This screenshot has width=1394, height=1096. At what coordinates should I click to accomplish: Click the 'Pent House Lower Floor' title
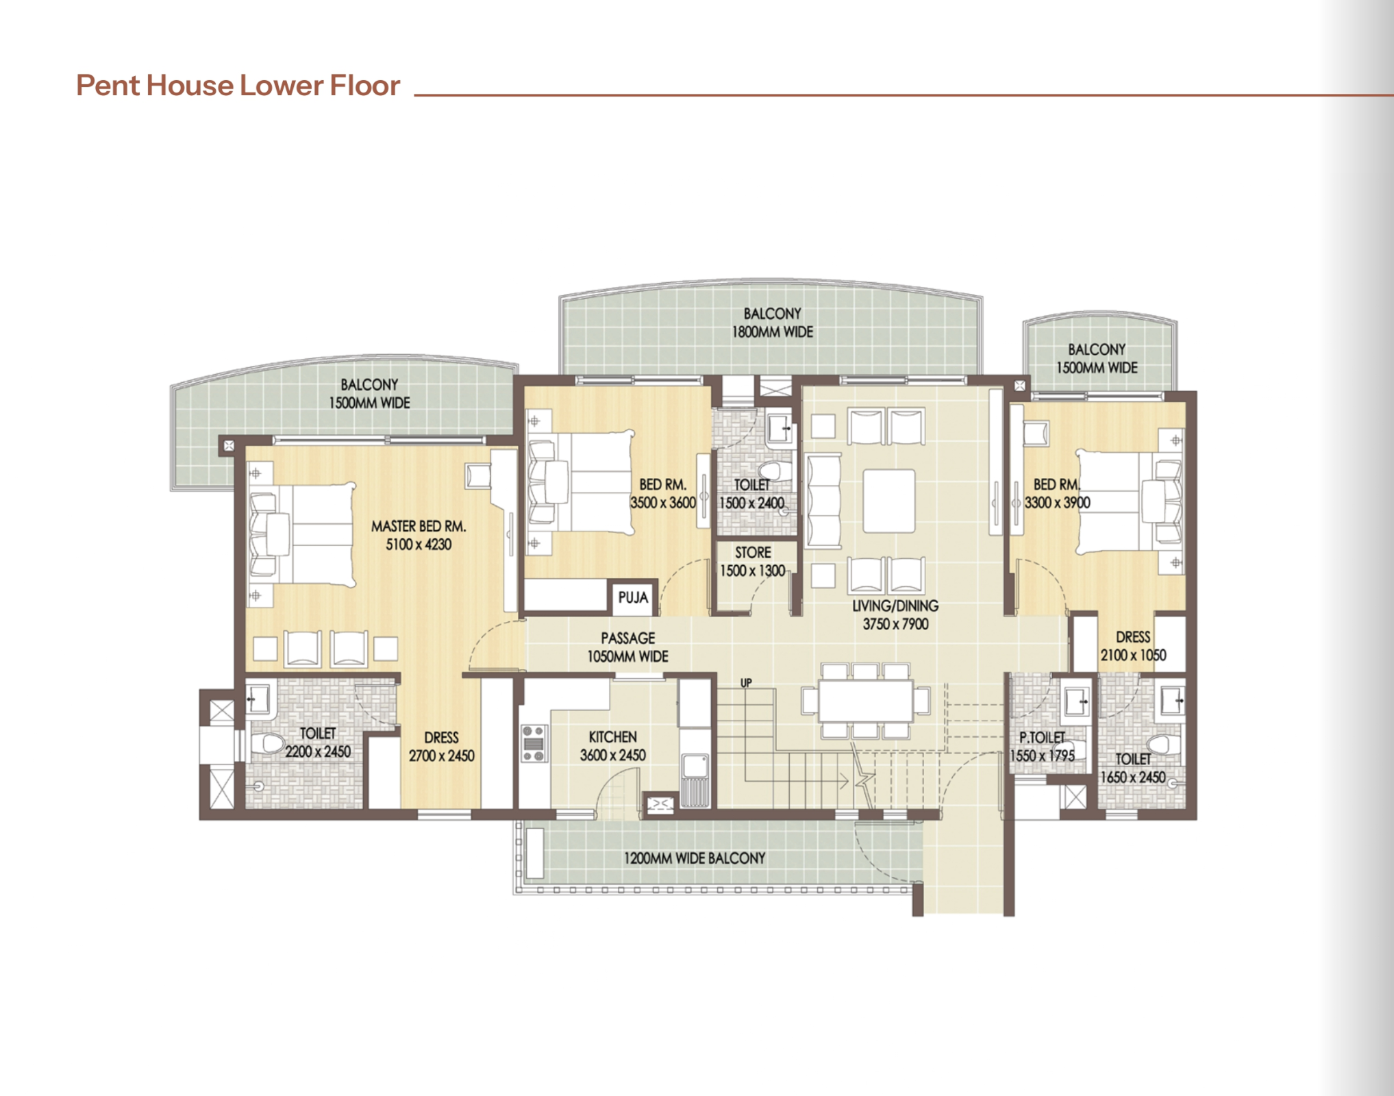[238, 86]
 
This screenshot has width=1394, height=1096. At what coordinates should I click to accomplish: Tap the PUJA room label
[633, 597]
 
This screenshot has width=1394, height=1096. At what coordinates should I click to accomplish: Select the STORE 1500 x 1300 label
[753, 562]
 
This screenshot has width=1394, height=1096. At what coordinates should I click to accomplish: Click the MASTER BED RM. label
[419, 526]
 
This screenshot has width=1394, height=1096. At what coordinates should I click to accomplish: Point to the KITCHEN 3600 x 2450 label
[613, 746]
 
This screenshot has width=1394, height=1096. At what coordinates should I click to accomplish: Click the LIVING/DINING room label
[895, 606]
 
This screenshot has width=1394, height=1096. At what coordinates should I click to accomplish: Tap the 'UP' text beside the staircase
[746, 682]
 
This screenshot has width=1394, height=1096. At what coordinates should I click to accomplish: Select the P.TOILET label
[1042, 737]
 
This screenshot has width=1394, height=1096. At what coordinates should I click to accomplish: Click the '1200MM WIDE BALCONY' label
[695, 858]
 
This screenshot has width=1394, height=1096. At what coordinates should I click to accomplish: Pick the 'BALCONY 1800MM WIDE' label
[773, 323]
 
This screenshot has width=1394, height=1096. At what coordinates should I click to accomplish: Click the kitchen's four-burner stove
[534, 743]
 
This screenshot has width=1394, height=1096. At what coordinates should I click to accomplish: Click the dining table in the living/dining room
[866, 700]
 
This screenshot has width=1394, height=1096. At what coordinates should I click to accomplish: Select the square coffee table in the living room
[889, 501]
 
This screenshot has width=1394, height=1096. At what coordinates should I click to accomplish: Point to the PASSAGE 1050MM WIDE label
[627, 647]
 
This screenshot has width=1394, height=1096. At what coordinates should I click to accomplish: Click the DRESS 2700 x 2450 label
[441, 747]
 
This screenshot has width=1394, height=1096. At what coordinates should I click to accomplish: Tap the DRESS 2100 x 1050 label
[1133, 646]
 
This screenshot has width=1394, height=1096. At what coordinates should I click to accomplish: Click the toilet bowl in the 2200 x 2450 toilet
[268, 743]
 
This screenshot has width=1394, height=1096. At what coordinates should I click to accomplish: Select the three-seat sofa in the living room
[823, 501]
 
